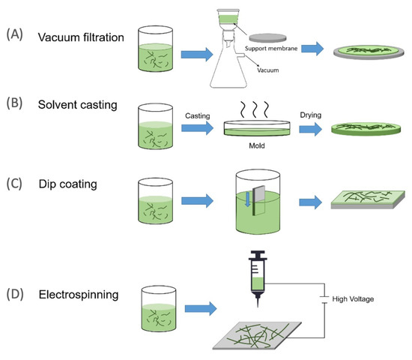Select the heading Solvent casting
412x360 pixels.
pyautogui.click(x=75, y=103)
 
